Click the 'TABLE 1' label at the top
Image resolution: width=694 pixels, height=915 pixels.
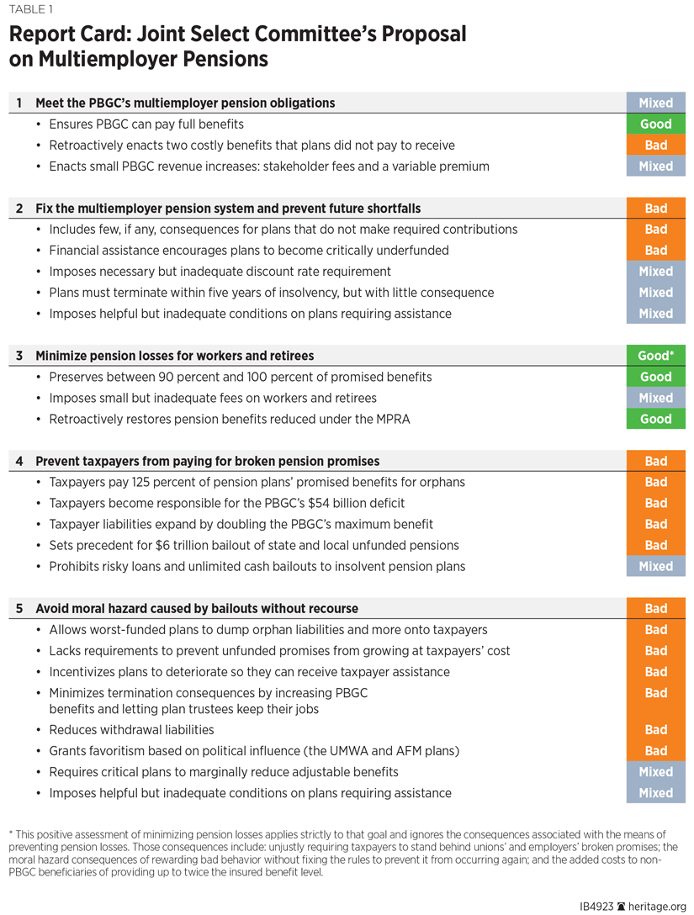pyautogui.click(x=29, y=10)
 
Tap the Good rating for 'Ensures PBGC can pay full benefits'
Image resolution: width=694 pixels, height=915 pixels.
pyautogui.click(x=655, y=124)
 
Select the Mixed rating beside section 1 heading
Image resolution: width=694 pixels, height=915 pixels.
pyautogui.click(x=655, y=103)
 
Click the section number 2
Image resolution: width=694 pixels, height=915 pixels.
pyautogui.click(x=19, y=209)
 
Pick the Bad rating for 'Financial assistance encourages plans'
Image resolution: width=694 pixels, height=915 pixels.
pyautogui.click(x=655, y=251)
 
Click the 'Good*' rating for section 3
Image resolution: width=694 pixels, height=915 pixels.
pyautogui.click(x=655, y=356)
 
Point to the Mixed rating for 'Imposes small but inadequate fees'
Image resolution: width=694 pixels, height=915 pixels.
pyautogui.click(x=655, y=398)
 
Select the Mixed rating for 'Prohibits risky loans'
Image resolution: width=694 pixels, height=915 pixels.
pyautogui.click(x=655, y=566)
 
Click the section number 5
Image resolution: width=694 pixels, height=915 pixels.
pyautogui.click(x=19, y=608)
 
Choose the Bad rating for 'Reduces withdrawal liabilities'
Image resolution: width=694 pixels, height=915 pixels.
pyautogui.click(x=655, y=730)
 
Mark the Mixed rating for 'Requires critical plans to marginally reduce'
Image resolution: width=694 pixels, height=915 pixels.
pyautogui.click(x=655, y=772)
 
